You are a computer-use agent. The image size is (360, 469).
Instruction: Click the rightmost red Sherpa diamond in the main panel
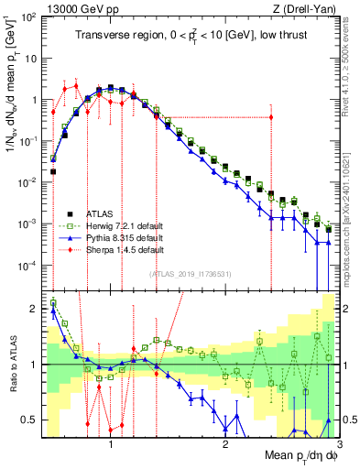pos(271,116)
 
